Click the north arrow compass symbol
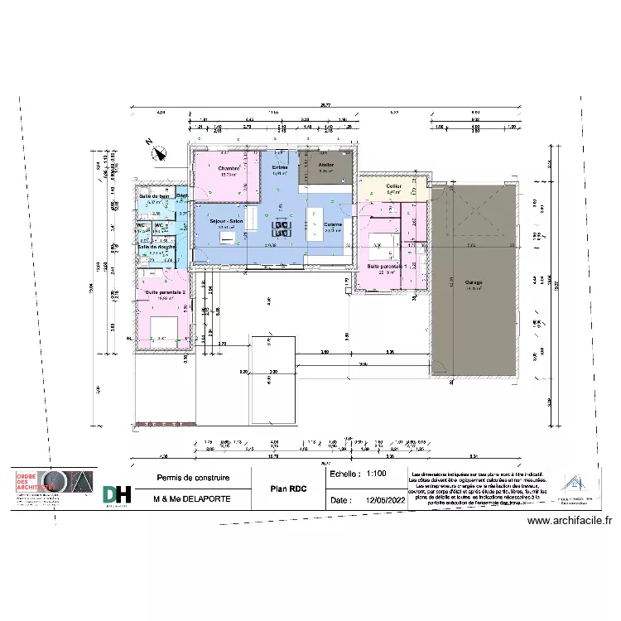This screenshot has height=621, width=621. click(156, 151)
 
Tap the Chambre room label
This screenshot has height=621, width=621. click(229, 168)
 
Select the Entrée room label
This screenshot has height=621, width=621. click(280, 167)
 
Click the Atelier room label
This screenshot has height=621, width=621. click(327, 166)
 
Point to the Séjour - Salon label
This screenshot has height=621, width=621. click(225, 222)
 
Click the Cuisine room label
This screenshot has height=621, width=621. click(333, 224)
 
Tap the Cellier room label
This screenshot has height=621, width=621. click(393, 186)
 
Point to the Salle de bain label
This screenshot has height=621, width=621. click(153, 196)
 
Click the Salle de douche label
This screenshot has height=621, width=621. click(155, 247)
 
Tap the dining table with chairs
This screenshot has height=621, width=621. click(282, 229)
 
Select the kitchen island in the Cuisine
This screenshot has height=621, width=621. click(315, 224)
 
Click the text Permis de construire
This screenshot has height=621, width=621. click(193, 478)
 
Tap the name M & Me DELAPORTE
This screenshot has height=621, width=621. click(193, 500)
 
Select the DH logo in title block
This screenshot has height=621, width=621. click(117, 494)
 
